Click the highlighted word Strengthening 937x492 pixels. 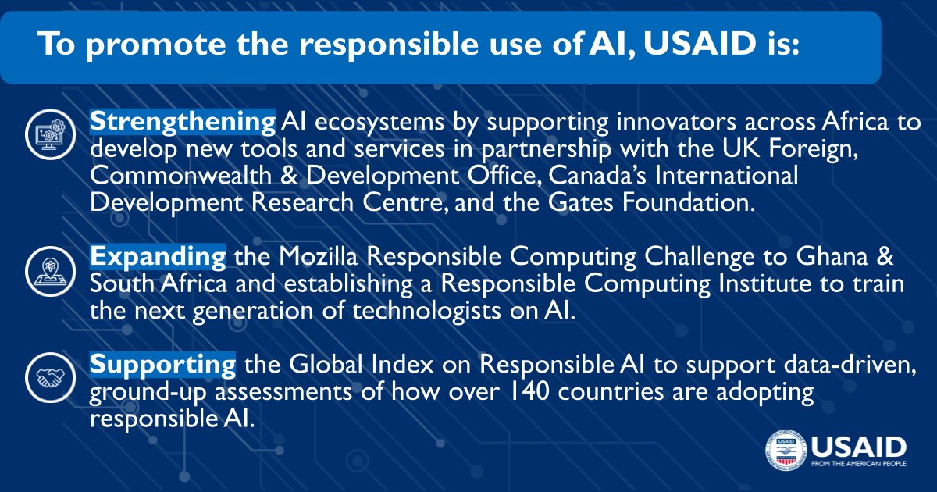(183, 123)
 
